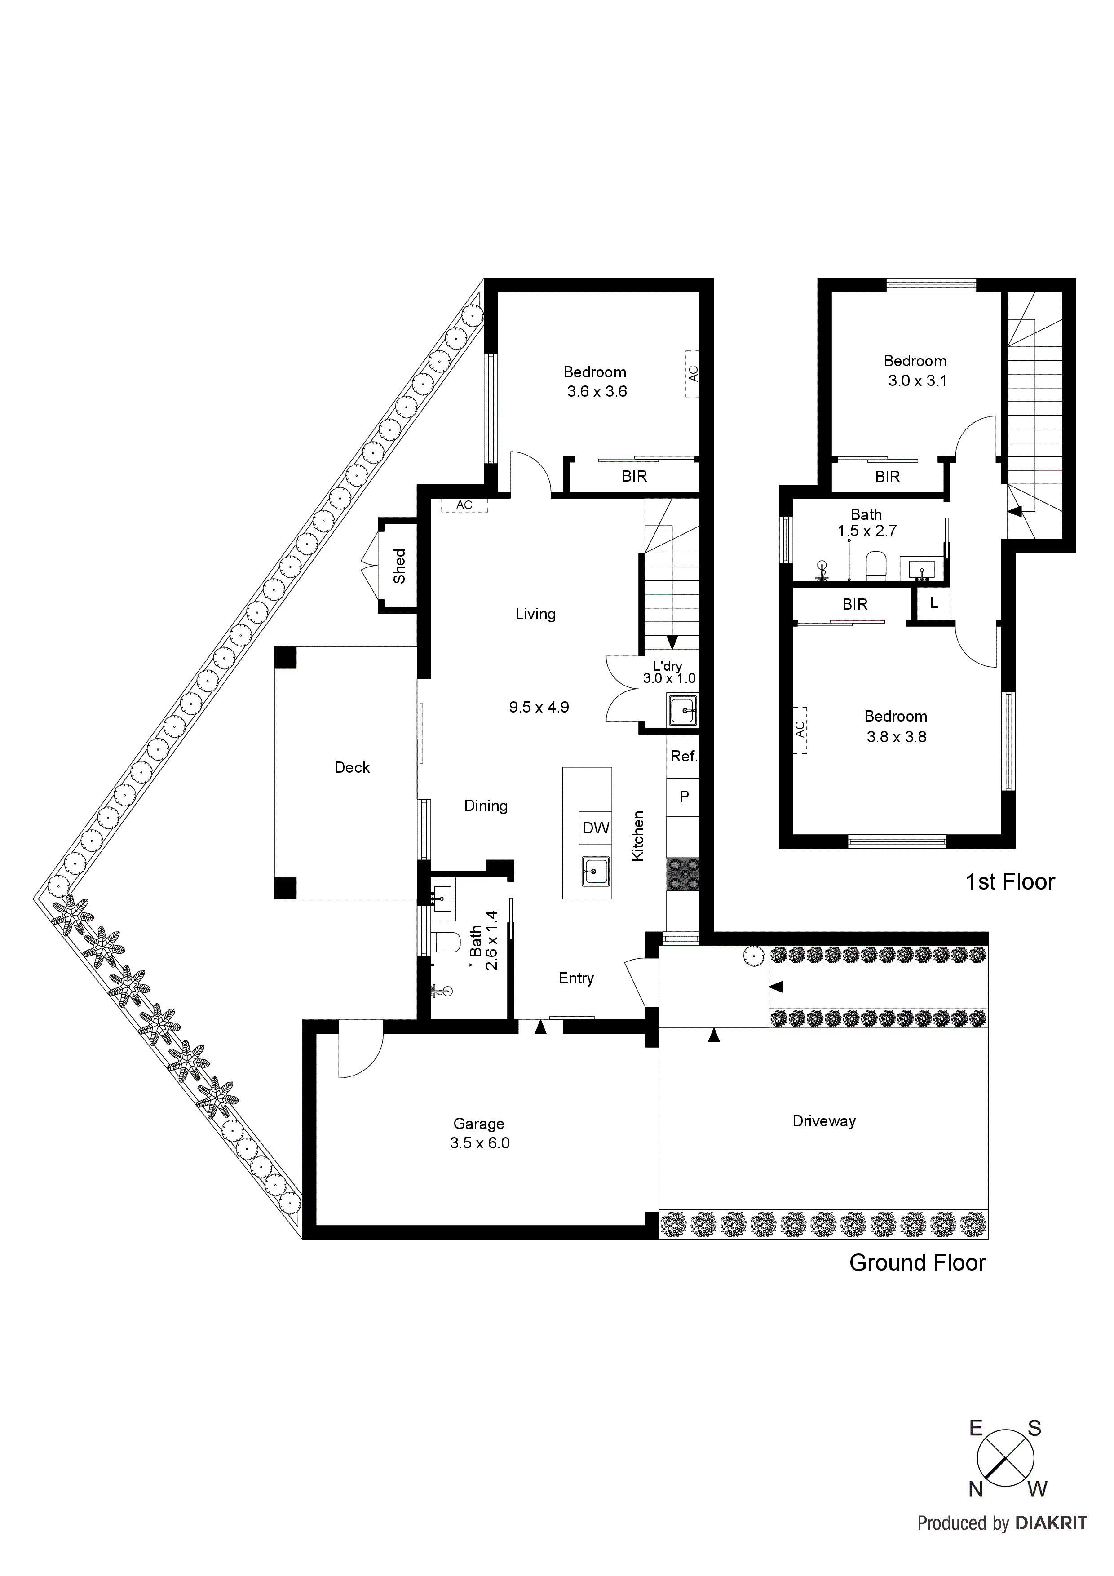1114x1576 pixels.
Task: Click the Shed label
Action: pos(399,566)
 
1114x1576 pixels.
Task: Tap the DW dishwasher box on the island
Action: pos(595,828)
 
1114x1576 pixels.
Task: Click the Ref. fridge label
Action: pos(684,757)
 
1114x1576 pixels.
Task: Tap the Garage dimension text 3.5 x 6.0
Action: pos(480,1143)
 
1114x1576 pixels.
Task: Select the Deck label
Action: pos(352,767)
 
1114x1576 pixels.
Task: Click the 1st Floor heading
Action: pos(1010,882)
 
